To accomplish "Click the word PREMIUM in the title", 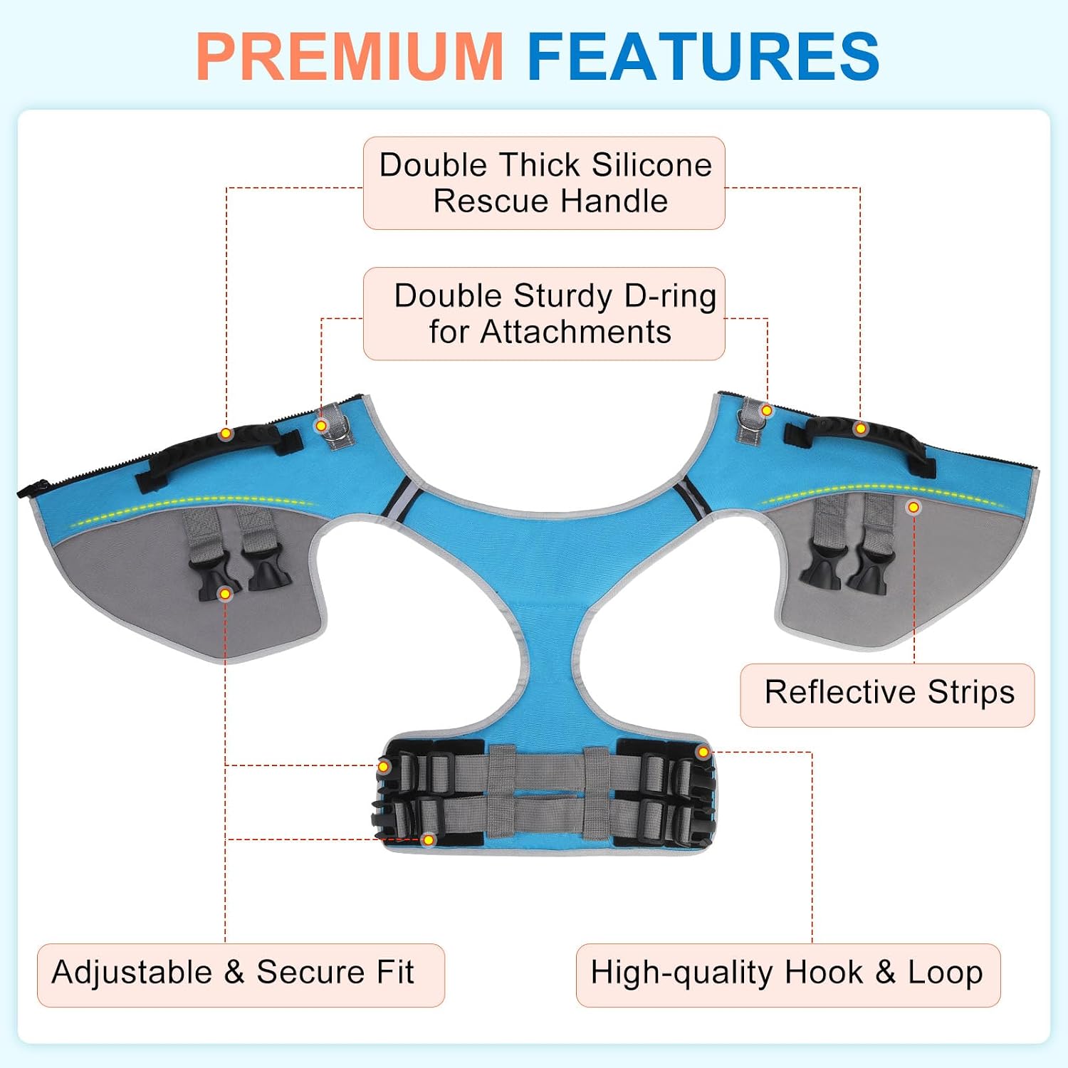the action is point(350,56).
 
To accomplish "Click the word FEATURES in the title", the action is point(703,56).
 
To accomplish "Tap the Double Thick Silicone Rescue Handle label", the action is point(544,183).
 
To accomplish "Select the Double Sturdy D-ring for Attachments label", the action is point(544,314).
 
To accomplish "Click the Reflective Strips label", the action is point(887,695).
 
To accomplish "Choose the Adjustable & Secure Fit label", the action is point(241,975).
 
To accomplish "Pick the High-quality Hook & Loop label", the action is point(788,975).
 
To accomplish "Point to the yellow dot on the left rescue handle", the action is point(226,434).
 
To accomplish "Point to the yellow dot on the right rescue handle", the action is point(861,429).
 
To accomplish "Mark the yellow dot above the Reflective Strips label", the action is point(913,508).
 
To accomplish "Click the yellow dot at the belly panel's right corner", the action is point(703,752).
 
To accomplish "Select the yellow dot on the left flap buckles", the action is point(225,594).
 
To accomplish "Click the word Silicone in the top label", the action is point(651,165).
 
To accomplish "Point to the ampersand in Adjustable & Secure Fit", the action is point(234,973).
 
